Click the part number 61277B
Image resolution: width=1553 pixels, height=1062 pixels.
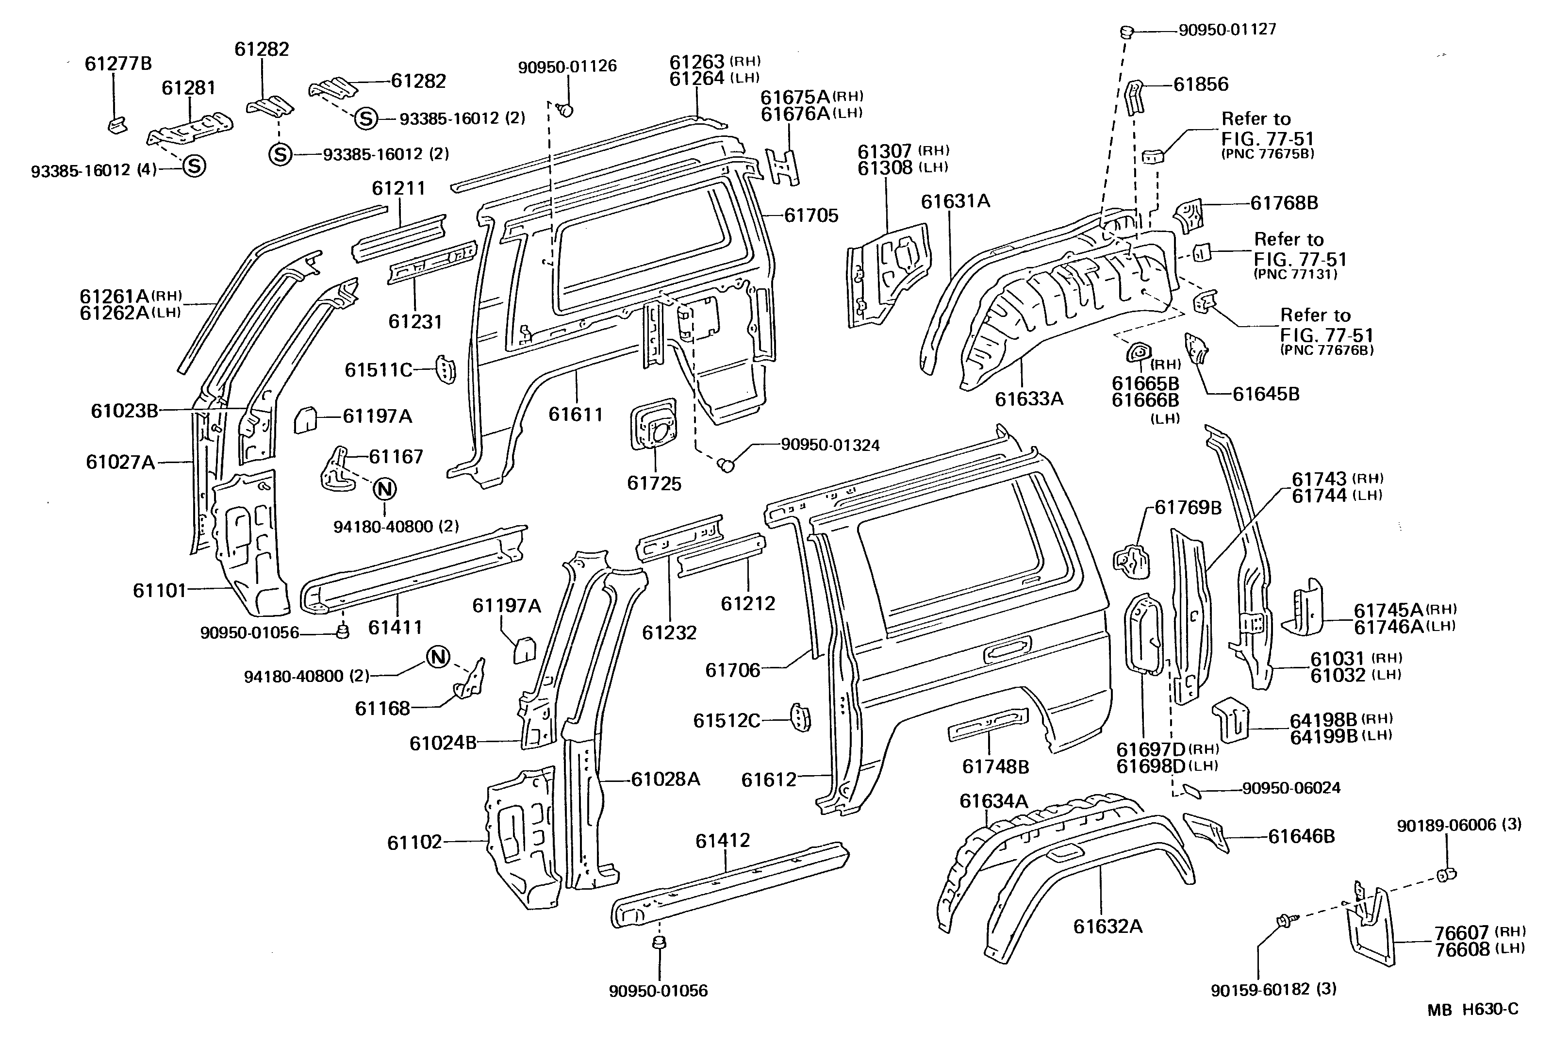click(118, 64)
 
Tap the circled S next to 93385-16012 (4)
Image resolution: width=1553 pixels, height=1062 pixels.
click(194, 165)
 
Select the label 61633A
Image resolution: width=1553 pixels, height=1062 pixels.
click(1028, 398)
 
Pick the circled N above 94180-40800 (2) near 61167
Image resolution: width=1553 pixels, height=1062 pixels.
click(385, 489)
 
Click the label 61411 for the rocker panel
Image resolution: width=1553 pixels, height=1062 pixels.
click(395, 627)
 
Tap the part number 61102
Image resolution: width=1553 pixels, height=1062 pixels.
click(414, 842)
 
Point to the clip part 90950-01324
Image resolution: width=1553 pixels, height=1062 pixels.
click(725, 463)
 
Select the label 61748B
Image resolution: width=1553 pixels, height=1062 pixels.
click(995, 766)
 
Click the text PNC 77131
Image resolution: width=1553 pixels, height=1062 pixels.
click(1295, 274)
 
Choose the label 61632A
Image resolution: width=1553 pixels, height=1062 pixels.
click(1107, 926)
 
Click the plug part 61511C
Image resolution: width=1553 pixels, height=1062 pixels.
click(445, 369)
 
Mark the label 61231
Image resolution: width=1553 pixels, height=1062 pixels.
click(415, 321)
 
